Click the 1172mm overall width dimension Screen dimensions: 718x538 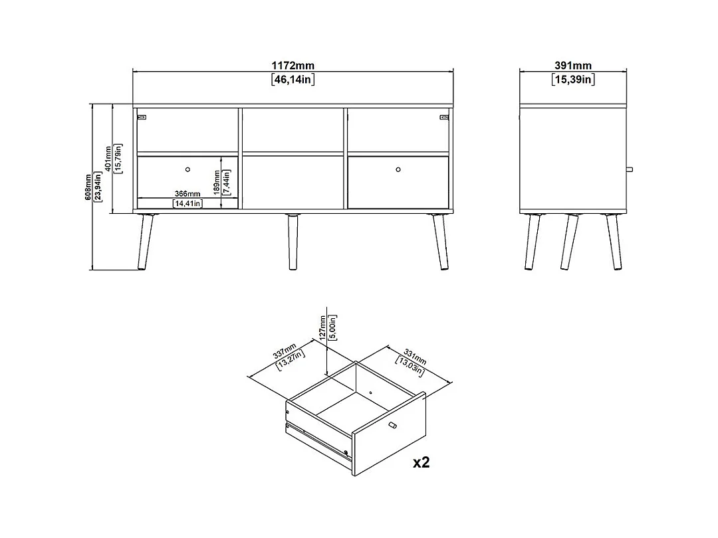(x=293, y=65)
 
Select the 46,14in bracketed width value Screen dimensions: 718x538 (x=293, y=80)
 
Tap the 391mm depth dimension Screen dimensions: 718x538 (x=573, y=65)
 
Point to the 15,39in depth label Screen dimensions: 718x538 (x=573, y=80)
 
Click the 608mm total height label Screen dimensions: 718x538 (x=88, y=187)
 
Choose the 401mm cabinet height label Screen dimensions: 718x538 (x=108, y=158)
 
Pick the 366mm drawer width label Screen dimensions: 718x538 (x=187, y=194)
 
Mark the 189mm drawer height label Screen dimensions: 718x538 (x=217, y=183)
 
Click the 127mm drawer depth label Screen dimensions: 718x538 (x=323, y=327)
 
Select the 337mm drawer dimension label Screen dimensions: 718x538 (x=285, y=351)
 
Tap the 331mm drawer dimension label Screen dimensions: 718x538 (x=414, y=357)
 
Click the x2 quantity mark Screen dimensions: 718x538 (x=421, y=462)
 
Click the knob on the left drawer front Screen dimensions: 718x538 (x=187, y=169)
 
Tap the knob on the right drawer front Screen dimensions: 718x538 (x=398, y=169)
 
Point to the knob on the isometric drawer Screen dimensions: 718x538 (x=392, y=426)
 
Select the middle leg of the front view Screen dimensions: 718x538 (x=293, y=242)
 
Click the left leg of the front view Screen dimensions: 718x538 (x=145, y=242)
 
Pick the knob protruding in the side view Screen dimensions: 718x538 (x=630, y=169)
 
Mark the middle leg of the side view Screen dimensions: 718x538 (x=569, y=242)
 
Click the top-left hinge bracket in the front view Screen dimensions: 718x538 (x=142, y=117)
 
